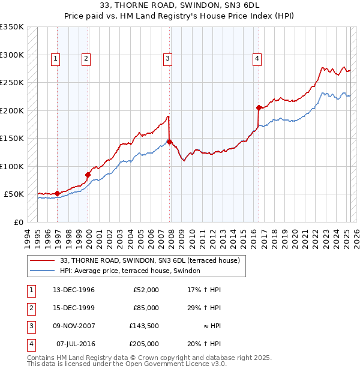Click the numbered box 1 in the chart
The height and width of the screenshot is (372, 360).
[x=55, y=58]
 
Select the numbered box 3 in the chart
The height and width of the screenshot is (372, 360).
[x=167, y=58]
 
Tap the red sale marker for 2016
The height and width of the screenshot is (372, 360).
[x=259, y=108]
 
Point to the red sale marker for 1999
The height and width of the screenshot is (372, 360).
[x=88, y=175]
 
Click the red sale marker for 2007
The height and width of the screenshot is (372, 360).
[x=170, y=142]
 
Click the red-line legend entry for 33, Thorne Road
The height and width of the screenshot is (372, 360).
[x=150, y=260]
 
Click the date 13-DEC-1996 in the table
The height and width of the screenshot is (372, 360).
[x=73, y=290]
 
